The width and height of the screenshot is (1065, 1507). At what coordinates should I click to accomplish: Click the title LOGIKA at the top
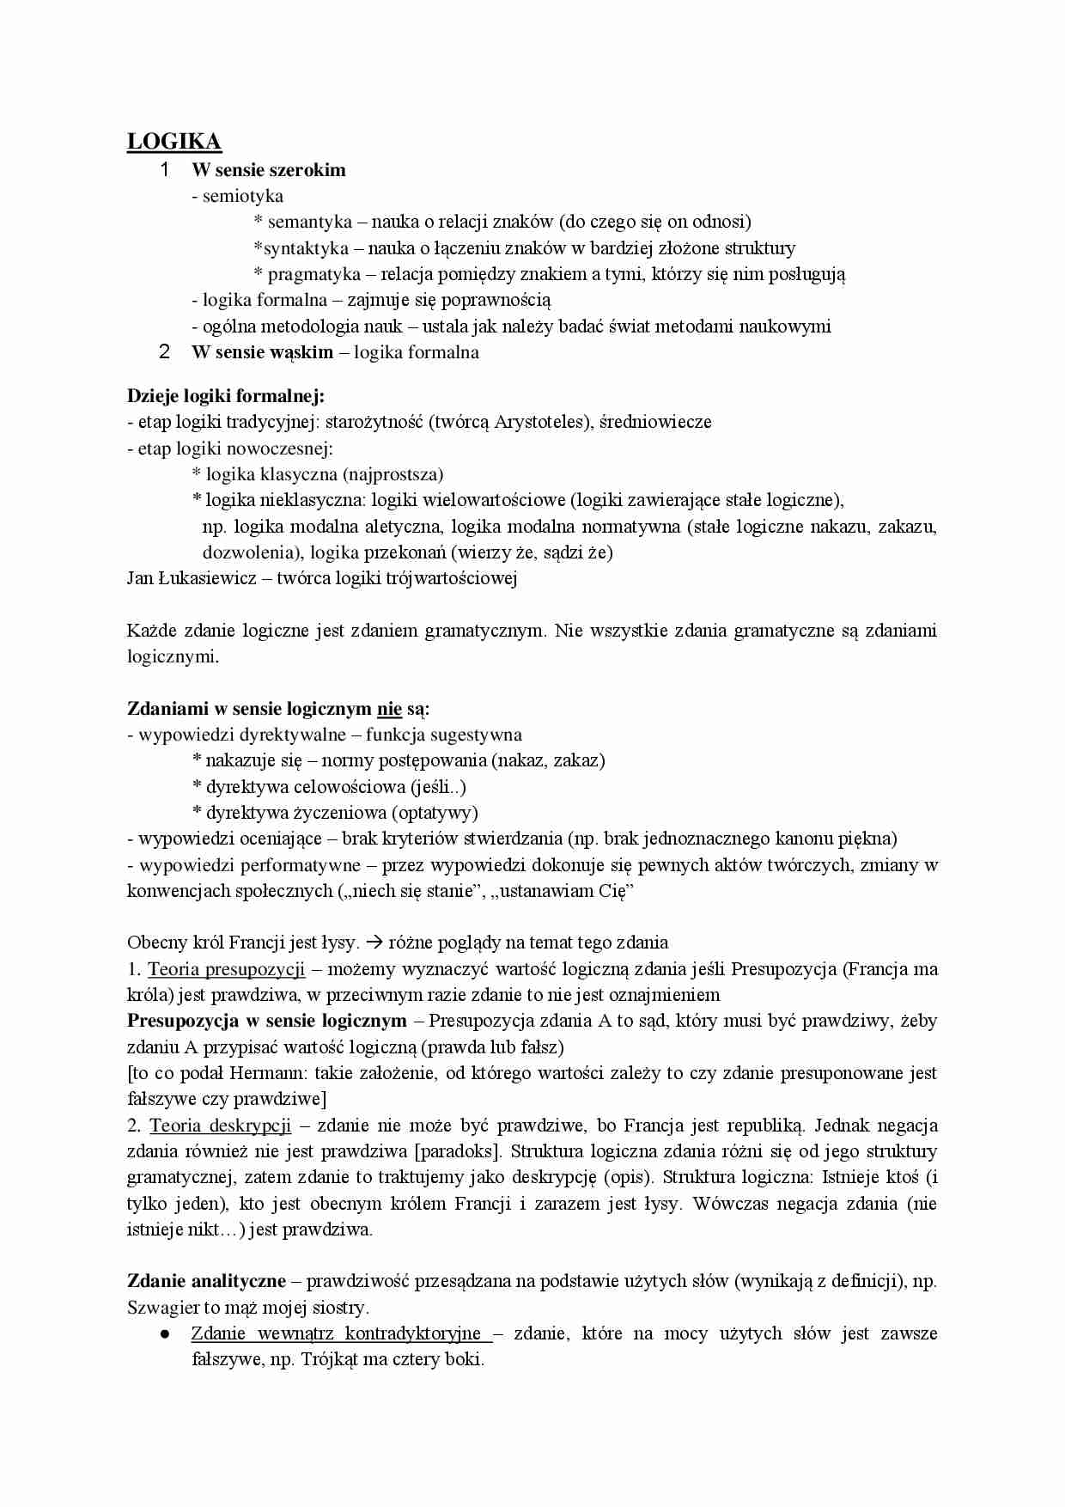tap(174, 142)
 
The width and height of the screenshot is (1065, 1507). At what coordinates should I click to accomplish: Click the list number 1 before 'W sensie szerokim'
tap(165, 170)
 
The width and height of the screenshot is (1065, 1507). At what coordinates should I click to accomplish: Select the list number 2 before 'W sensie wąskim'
tap(165, 352)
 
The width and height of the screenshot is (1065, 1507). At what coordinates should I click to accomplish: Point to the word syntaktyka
tap(306, 248)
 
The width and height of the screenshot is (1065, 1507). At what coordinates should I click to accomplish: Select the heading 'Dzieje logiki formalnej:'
tap(226, 396)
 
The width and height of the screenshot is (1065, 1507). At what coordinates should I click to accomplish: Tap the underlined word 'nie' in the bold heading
tap(389, 709)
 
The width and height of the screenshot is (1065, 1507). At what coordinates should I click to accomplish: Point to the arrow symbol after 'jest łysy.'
tap(374, 943)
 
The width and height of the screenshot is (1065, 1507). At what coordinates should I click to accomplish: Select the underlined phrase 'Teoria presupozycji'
tap(226, 969)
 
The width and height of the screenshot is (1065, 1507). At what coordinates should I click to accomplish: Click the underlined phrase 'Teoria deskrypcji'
tap(220, 1126)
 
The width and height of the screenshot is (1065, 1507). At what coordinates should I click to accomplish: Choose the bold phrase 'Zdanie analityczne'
tap(206, 1281)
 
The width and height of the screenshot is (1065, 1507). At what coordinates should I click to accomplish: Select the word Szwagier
tap(162, 1308)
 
